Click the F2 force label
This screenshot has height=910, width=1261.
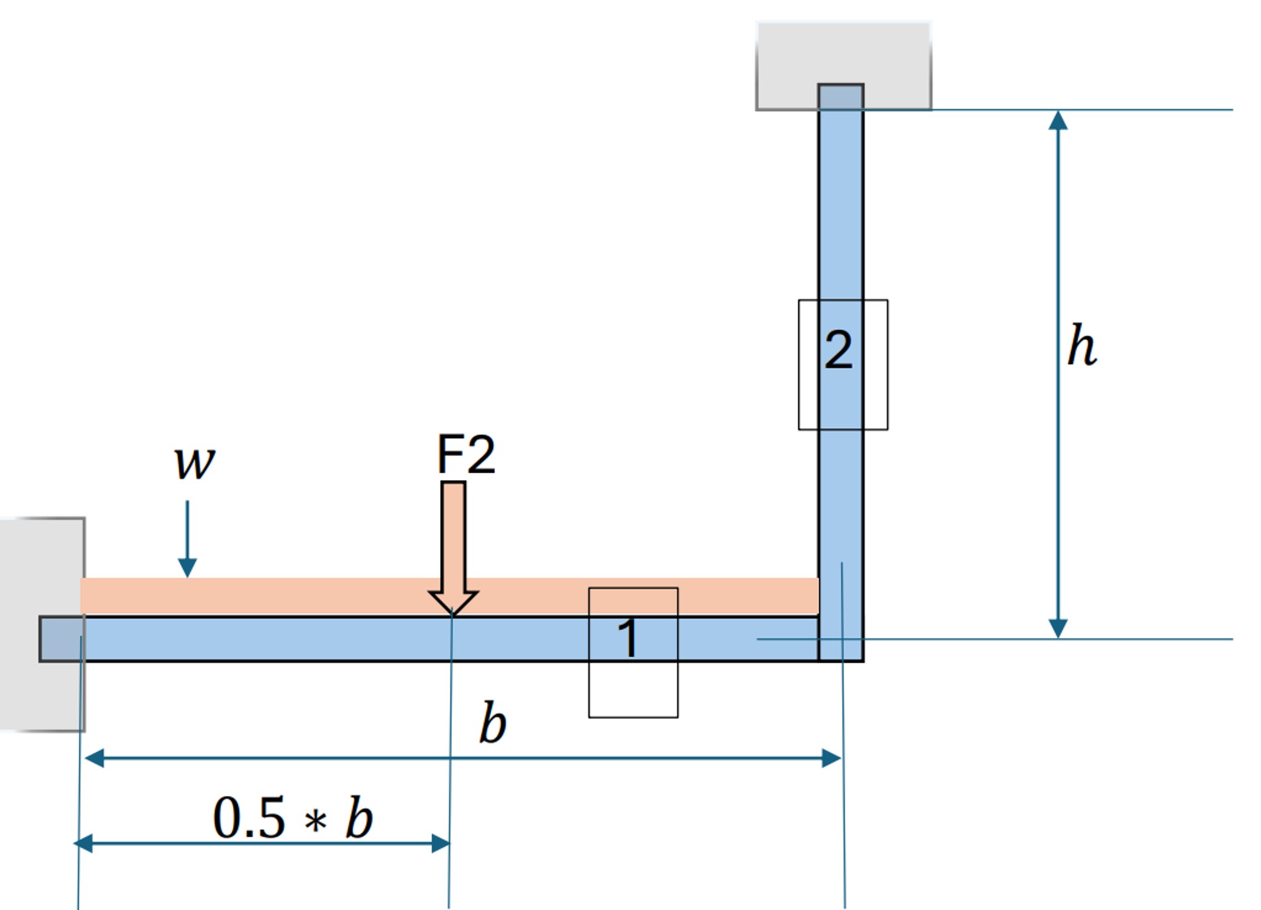point(466,455)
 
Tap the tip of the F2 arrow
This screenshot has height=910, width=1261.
point(453,612)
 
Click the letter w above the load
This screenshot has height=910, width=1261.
point(194,462)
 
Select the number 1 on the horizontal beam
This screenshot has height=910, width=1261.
point(628,639)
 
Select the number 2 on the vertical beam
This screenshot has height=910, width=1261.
point(839,350)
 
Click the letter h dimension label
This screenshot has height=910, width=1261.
point(1082,346)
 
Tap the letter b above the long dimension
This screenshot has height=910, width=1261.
point(493,723)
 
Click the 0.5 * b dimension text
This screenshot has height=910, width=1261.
point(293,818)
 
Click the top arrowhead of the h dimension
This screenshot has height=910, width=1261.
point(1058,120)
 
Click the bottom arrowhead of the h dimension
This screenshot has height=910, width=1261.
point(1058,628)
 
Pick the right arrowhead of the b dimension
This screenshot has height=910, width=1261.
point(832,758)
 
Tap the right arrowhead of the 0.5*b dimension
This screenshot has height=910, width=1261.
point(441,843)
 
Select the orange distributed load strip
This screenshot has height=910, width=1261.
point(308,595)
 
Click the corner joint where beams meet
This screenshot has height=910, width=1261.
point(841,639)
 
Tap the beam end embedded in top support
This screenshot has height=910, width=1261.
point(841,97)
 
